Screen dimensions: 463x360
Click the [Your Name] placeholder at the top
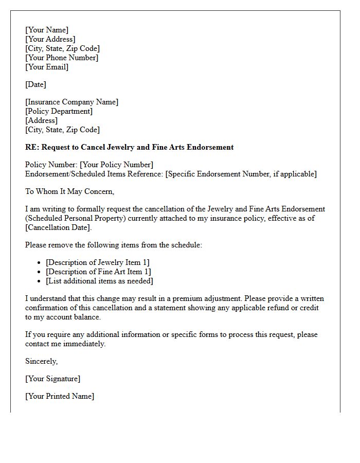pos(47,30)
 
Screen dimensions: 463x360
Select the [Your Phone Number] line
pos(62,58)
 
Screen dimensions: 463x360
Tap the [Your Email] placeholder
pos(47,67)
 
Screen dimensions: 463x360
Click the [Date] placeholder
pos(35,84)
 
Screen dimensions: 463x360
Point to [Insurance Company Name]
pos(71,102)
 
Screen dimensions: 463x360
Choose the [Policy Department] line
pos(59,111)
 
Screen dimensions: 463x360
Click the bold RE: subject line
pos(129,147)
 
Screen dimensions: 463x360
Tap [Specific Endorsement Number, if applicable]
pos(241,174)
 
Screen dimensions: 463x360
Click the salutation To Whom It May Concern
pos(69,191)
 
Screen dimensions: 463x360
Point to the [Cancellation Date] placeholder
pos(58,227)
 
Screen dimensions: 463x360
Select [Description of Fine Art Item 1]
pos(98,272)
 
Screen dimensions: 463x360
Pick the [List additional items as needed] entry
pos(99,281)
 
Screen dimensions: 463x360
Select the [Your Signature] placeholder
pos(52,379)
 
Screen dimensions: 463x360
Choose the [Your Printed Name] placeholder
pos(60,396)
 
